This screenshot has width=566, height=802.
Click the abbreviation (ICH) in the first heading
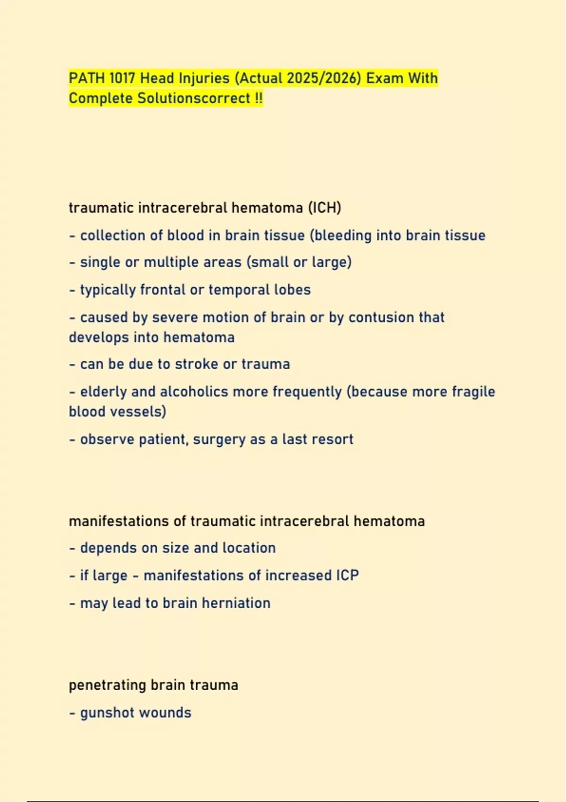click(x=325, y=208)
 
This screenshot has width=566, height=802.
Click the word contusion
click(x=375, y=317)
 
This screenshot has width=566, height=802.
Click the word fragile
click(x=473, y=392)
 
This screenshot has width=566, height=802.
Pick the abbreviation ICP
click(x=347, y=576)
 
